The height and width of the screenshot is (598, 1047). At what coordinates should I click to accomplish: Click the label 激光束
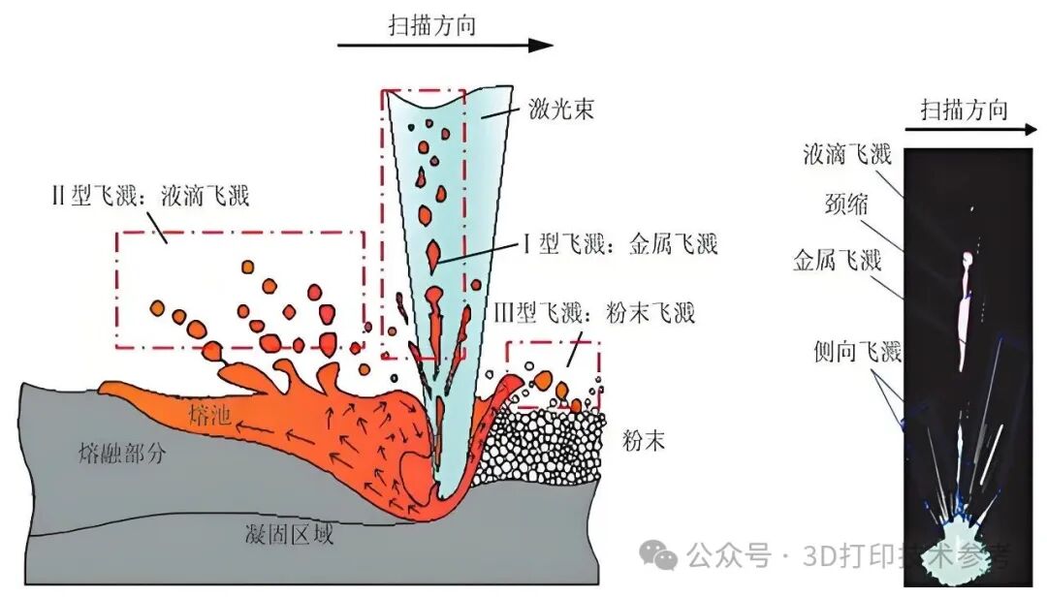point(561,109)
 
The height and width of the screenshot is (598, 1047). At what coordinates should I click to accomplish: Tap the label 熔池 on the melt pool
point(209,416)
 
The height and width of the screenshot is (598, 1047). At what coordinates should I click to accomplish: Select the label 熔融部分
point(121,454)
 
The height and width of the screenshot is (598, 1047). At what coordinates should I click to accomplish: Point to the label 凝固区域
point(289,534)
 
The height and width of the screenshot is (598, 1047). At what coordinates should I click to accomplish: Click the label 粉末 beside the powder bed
point(643,440)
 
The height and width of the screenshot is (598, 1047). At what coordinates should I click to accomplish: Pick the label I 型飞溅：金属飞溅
point(620,244)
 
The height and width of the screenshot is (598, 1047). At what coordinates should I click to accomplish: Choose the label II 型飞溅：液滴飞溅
point(150,195)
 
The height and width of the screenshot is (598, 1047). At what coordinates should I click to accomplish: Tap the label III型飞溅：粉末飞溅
point(595,312)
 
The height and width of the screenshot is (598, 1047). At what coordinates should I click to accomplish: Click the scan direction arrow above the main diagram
point(445,46)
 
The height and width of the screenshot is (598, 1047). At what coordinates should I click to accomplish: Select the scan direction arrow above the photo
point(971,129)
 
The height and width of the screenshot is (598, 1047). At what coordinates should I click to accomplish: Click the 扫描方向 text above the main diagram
point(432,25)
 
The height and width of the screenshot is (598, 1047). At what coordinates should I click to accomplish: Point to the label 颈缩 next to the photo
point(846,203)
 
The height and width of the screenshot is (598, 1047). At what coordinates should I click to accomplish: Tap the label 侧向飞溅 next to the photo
point(857,351)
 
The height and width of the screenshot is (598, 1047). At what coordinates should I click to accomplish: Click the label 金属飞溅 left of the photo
point(837,260)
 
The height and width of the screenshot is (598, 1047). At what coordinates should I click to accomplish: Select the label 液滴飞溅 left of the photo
point(847,155)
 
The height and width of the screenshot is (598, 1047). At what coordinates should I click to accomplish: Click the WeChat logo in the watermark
point(658,554)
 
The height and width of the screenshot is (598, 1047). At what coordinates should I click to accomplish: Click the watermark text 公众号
point(728,555)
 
